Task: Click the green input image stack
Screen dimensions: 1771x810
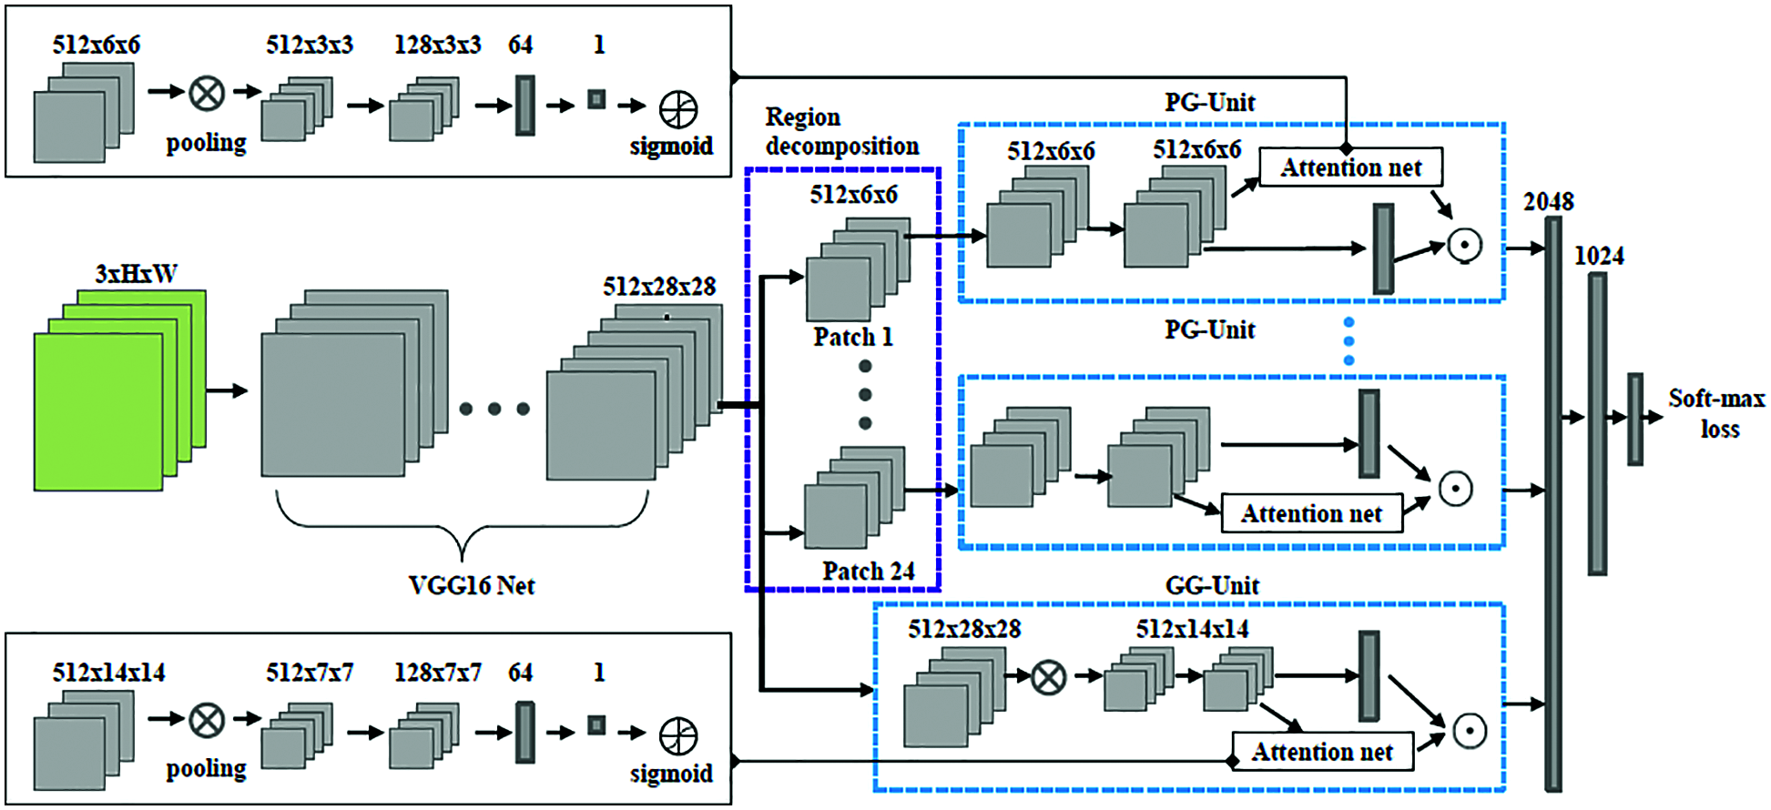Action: [120, 390]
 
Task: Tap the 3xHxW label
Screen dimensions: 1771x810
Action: [137, 274]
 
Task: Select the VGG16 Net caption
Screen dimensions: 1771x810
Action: [472, 585]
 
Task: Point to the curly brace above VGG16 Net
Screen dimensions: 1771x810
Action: [463, 524]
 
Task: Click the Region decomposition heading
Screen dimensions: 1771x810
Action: [842, 132]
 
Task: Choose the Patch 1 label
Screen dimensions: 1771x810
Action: [853, 337]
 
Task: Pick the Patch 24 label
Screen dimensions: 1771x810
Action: [869, 571]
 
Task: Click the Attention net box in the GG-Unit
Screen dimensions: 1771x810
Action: [1322, 752]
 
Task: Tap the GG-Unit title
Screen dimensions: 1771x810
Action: [1213, 585]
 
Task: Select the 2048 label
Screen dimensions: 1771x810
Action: [1549, 201]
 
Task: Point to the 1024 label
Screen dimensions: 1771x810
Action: [1600, 256]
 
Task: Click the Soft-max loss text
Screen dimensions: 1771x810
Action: [1717, 414]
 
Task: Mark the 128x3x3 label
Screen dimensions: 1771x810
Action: [438, 45]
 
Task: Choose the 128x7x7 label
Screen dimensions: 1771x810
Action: [438, 673]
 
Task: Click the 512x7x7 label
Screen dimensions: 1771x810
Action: [310, 673]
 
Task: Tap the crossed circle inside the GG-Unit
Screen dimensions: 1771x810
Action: [1049, 676]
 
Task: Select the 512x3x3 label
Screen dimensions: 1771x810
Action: [310, 45]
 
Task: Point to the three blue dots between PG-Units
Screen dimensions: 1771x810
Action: [1349, 341]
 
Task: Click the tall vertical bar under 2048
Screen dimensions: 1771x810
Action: [1553, 503]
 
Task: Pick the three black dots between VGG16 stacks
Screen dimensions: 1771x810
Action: [494, 409]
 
